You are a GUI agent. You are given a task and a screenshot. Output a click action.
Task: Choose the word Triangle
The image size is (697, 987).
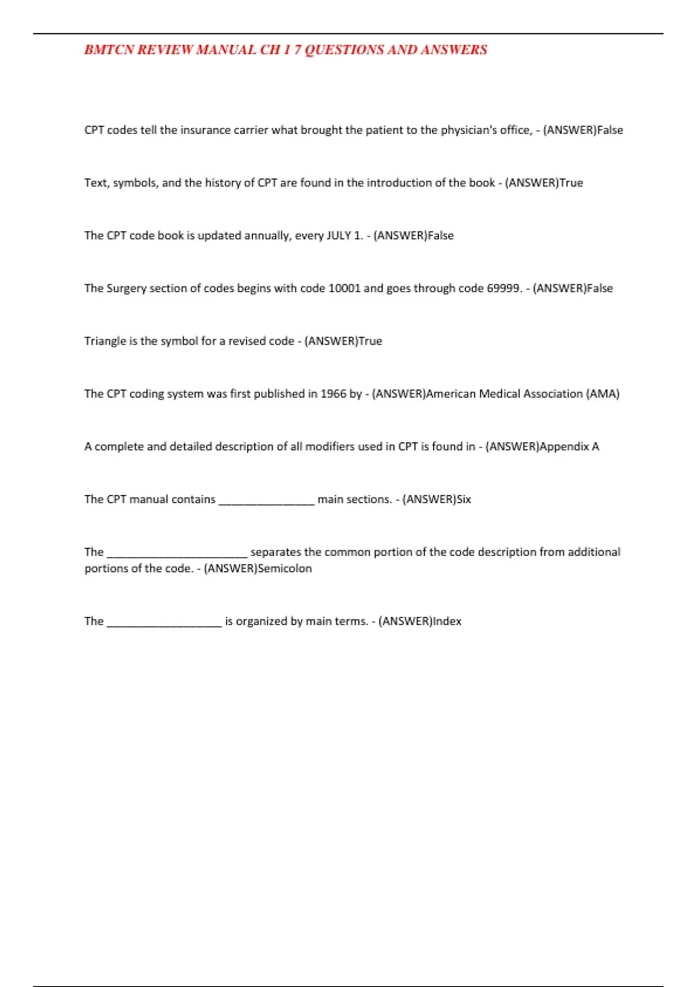point(105,341)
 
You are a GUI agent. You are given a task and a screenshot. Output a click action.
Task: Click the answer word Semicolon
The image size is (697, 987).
point(285,569)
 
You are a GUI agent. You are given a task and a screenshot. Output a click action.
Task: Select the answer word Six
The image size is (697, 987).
point(464,500)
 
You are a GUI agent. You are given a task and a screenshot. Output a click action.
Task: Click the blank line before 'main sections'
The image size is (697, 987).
point(267,502)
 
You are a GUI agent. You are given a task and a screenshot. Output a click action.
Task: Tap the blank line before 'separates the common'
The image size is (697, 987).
point(177,554)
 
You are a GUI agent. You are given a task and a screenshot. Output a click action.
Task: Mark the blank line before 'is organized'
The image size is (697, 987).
point(164,624)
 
